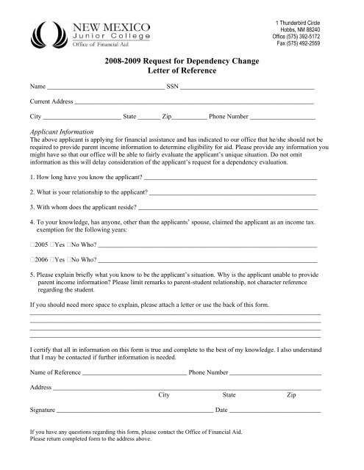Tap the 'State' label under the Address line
pyautogui.click(x=229, y=394)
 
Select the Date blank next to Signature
pyautogui.click(x=276, y=409)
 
